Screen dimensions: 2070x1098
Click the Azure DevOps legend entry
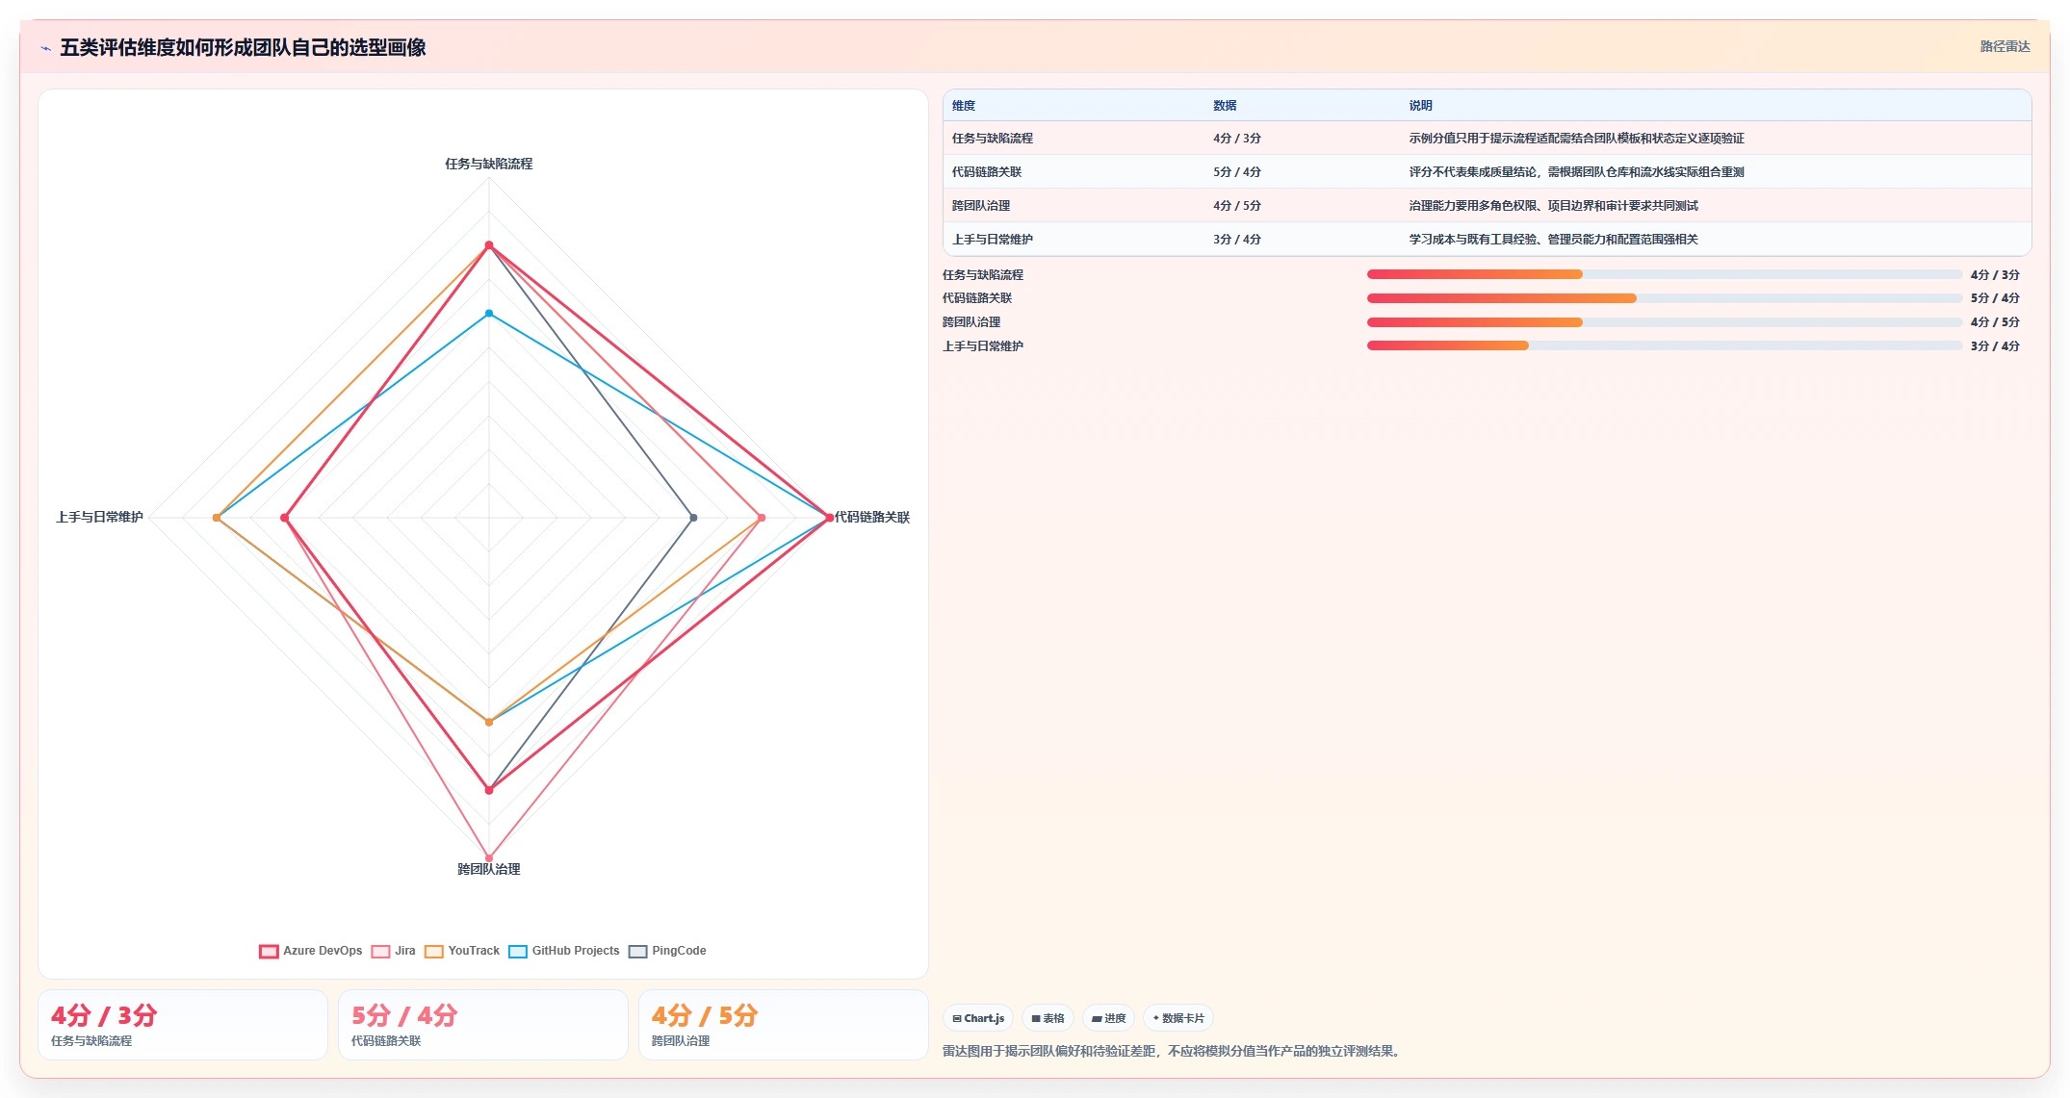pyautogui.click(x=311, y=951)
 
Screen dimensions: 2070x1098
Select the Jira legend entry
pyautogui.click(x=394, y=951)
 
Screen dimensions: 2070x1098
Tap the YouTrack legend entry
pyautogui.click(x=462, y=951)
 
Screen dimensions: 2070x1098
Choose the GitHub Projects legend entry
pyautogui.click(x=564, y=951)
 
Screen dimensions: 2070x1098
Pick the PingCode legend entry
pyautogui.click(x=667, y=951)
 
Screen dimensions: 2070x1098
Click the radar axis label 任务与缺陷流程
pyautogui.click(x=488, y=164)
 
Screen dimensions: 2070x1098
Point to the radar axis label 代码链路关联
pyautogui.click(x=871, y=517)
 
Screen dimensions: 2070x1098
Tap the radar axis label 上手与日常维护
pyautogui.click(x=99, y=517)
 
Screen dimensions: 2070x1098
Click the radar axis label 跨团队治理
pyautogui.click(x=488, y=869)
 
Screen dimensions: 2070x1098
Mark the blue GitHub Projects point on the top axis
pyautogui.click(x=489, y=314)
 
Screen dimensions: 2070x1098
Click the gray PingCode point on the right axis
pyautogui.click(x=693, y=518)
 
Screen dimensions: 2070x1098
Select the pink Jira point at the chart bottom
pyautogui.click(x=489, y=857)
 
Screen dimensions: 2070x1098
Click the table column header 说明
pyautogui.click(x=1420, y=106)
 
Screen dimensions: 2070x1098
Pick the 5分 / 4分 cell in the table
pyautogui.click(x=1236, y=172)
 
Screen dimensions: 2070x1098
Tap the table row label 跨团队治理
pyautogui.click(x=981, y=206)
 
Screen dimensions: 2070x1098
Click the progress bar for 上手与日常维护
pyautogui.click(x=1664, y=345)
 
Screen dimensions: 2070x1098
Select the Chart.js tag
pyautogui.click(x=978, y=1018)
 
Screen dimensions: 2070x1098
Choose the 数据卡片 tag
pyautogui.click(x=1177, y=1018)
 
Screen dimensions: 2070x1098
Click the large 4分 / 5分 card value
pyautogui.click(x=704, y=1015)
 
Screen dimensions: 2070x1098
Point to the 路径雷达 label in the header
pyautogui.click(x=2005, y=46)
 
